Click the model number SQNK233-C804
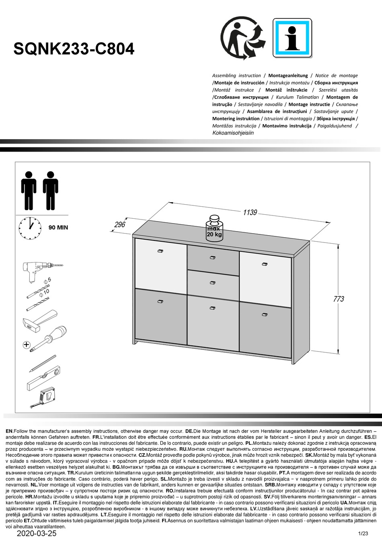(74, 49)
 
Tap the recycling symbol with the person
(243, 39)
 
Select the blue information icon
(292, 38)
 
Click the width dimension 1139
(249, 212)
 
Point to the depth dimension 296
(120, 225)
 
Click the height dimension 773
(339, 299)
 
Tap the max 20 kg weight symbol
(214, 230)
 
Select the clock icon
(30, 228)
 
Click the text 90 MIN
(58, 228)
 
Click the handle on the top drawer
(213, 257)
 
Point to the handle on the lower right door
(264, 314)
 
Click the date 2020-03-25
(37, 534)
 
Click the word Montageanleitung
(288, 76)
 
